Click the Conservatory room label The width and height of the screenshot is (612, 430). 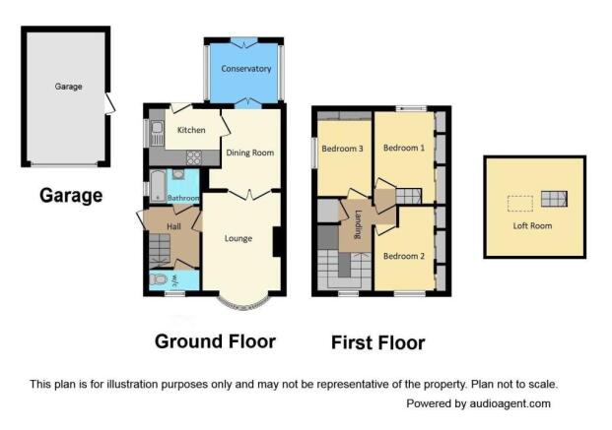[246, 69]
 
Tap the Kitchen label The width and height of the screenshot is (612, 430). [191, 130]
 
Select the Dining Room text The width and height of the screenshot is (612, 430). [249, 153]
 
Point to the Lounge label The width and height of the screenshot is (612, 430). [238, 238]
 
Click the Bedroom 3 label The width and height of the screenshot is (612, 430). [342, 149]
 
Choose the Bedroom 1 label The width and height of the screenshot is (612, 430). [404, 148]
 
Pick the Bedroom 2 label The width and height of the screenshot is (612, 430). [404, 256]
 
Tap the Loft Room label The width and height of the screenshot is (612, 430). [532, 225]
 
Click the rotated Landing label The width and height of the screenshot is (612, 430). [358, 224]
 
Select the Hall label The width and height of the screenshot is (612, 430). [173, 226]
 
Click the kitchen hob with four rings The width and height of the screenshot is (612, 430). [194, 157]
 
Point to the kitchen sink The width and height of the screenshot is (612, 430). [157, 133]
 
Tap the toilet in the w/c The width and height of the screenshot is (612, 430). [160, 279]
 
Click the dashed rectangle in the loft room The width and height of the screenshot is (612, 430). [520, 204]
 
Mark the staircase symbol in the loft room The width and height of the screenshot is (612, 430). [554, 199]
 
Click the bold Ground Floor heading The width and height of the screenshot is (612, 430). [216, 341]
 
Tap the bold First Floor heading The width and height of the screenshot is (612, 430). [377, 343]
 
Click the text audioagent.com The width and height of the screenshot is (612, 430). [510, 403]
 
